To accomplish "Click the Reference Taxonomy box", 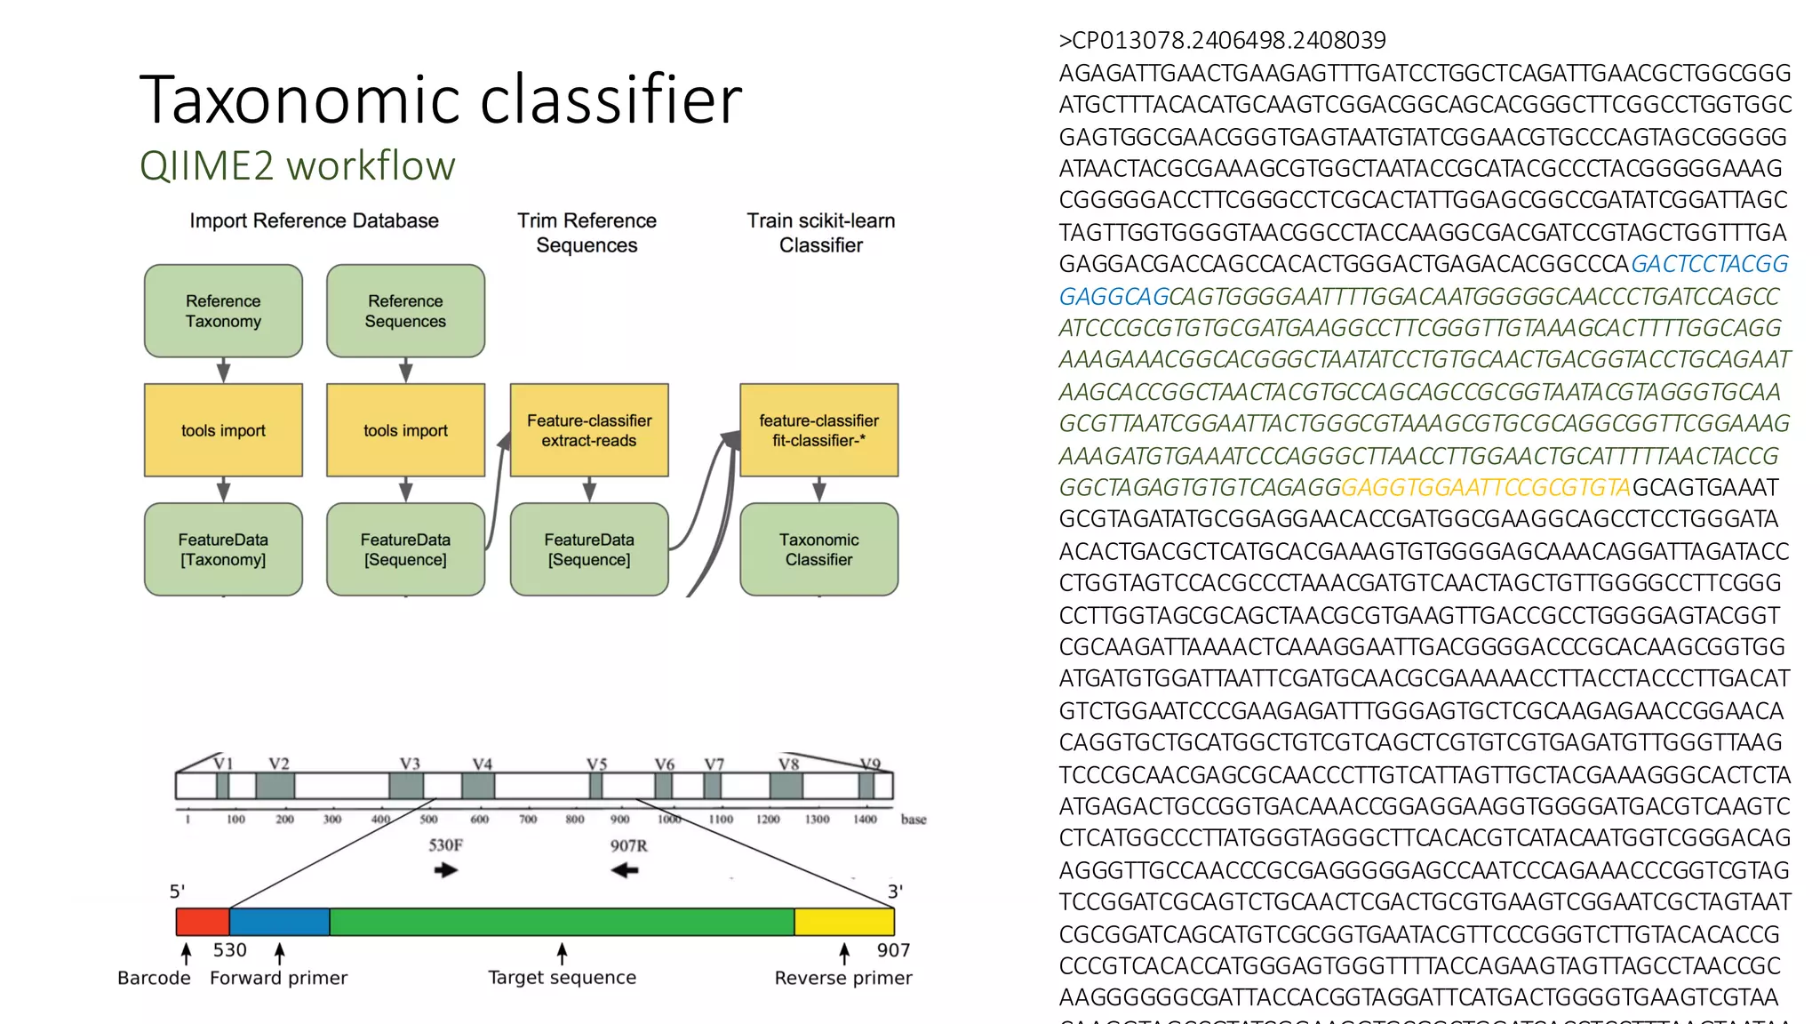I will [223, 311].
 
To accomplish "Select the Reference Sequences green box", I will [405, 311].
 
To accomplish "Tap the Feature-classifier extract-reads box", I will [588, 430].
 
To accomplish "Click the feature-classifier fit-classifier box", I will [818, 430].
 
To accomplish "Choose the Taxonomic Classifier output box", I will [818, 549].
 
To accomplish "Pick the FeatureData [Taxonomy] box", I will [223, 549].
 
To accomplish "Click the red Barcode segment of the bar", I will [203, 922].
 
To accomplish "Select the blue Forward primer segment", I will [279, 922].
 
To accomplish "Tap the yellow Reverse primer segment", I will [843, 922].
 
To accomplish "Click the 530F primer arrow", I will [446, 870].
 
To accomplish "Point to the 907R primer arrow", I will [626, 870].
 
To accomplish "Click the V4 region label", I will [482, 764].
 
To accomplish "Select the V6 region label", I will [664, 764].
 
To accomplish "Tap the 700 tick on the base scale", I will [528, 820].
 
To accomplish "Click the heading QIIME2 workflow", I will [297, 166].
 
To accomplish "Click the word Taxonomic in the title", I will [301, 100].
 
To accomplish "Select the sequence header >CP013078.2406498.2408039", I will [1222, 41].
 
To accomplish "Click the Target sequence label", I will [562, 978].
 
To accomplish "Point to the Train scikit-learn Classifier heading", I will [820, 232].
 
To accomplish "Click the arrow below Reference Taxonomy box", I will [223, 371].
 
